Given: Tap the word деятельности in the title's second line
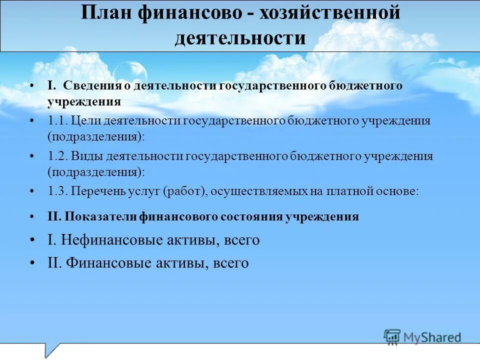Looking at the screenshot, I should point(240,38).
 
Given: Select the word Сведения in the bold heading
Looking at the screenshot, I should point(92,85).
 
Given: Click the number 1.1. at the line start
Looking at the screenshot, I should point(57,121).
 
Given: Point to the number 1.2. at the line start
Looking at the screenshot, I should point(57,156).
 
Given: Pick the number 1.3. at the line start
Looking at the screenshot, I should point(57,191).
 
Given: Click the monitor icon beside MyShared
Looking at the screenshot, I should point(392,336).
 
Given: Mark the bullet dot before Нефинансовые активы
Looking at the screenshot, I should point(32,240).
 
